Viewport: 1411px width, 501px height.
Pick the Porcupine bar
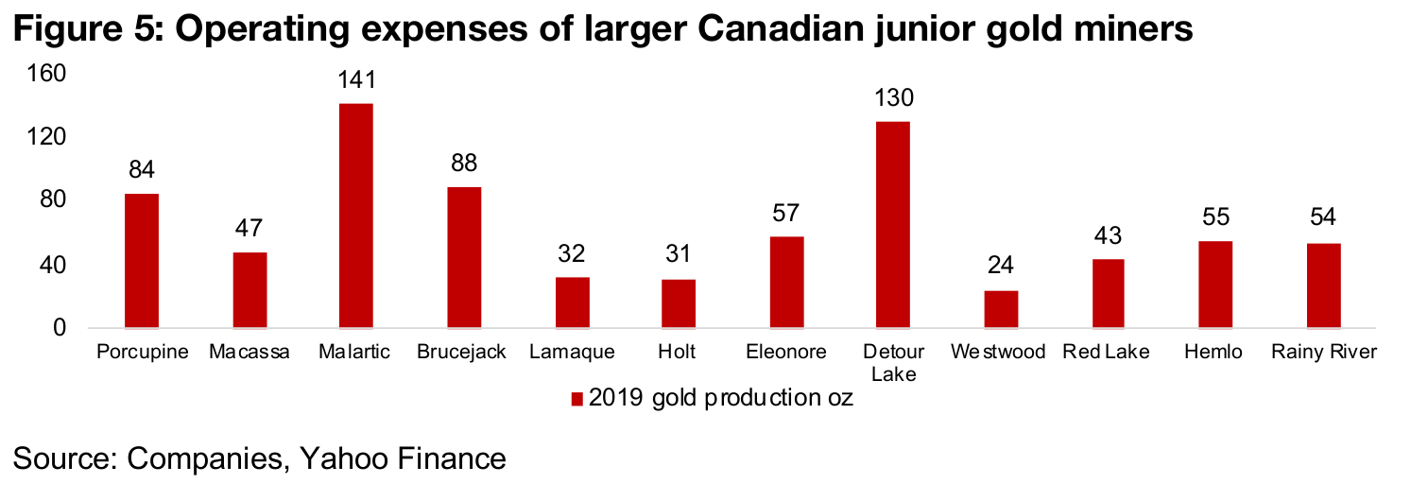point(141,261)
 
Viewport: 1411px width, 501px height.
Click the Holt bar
point(679,303)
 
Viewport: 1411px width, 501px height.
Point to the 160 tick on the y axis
point(46,74)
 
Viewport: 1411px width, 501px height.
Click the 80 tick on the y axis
point(52,201)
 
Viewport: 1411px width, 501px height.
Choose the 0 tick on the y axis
point(59,328)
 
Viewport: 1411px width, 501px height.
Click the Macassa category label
point(250,353)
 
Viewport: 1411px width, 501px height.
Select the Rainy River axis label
point(1323,353)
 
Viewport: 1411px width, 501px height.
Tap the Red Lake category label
point(1107,353)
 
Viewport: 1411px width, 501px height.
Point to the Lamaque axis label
point(571,353)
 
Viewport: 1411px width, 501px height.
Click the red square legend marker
point(576,399)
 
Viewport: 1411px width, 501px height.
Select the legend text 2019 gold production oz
point(721,398)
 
